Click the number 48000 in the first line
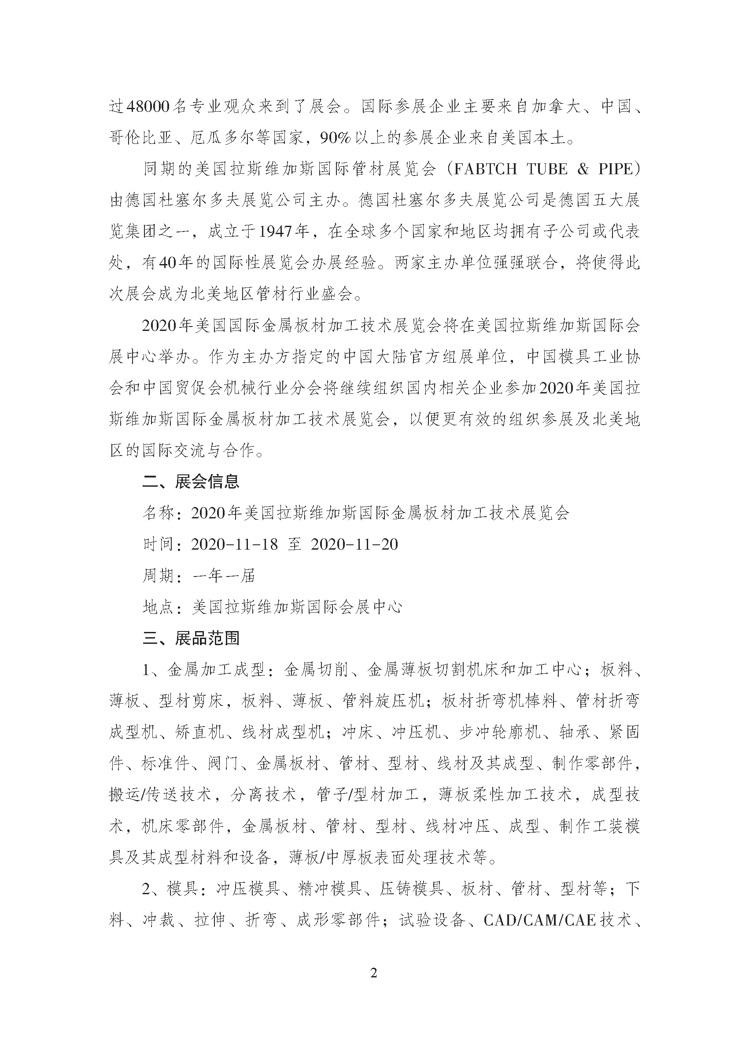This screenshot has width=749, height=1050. point(148,106)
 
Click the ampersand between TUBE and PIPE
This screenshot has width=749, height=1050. point(583,169)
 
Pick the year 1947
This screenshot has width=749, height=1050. point(275,231)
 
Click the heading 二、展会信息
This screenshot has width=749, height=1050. point(191,482)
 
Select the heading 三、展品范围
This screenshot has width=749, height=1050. point(191,638)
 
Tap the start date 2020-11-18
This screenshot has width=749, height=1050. point(234,544)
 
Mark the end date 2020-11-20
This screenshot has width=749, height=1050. point(354,544)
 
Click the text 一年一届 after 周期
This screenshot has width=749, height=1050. point(224,576)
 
